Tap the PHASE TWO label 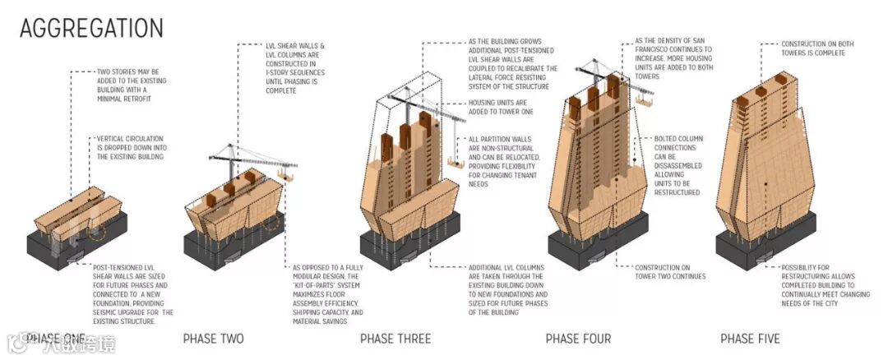[x=213, y=339]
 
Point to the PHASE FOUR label [x=578, y=339]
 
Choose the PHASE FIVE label [x=750, y=339]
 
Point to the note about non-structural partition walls [x=504, y=161]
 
